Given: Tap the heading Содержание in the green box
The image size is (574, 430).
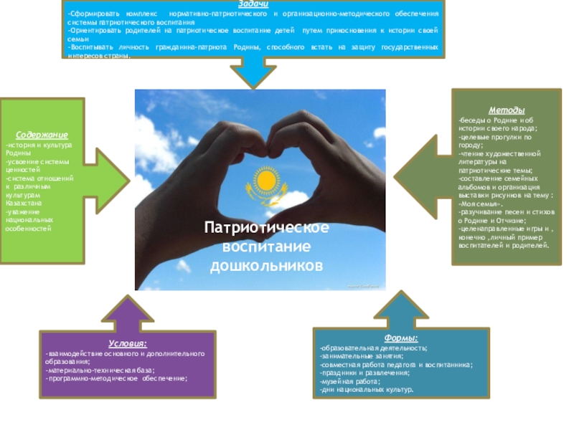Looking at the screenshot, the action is pyautogui.click(x=42, y=134).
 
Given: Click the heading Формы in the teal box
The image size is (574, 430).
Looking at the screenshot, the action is pyautogui.click(x=401, y=338).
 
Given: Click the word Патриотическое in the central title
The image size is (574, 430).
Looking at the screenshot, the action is pyautogui.click(x=266, y=228).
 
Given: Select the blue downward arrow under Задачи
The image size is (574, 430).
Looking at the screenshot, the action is pyautogui.click(x=253, y=72).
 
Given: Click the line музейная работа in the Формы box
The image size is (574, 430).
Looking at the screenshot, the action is pyautogui.click(x=350, y=382).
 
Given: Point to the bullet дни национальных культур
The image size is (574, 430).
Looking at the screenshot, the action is pyautogui.click(x=367, y=391).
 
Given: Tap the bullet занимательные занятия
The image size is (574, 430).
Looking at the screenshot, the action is pyautogui.click(x=362, y=356).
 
